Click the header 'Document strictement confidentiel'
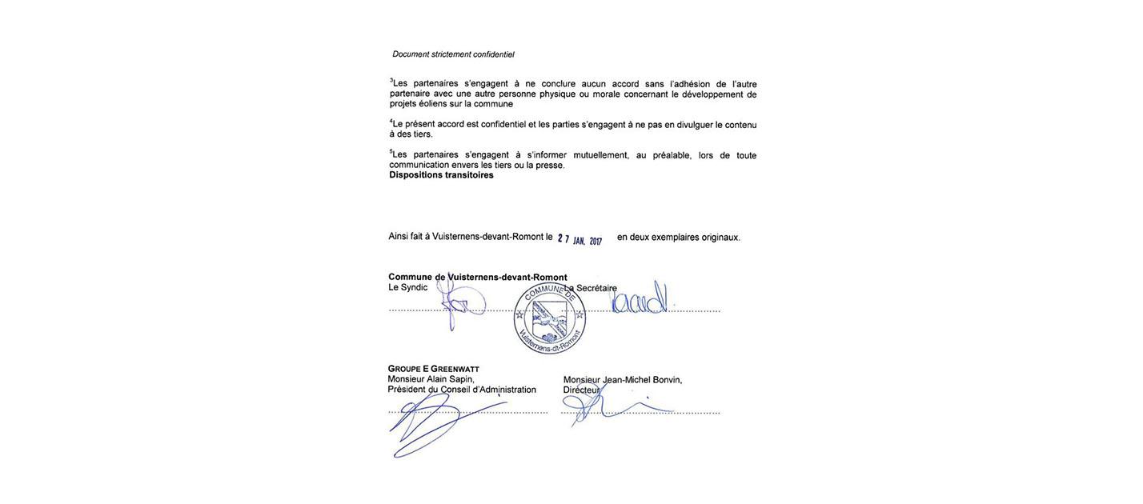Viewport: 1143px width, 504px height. pos(453,54)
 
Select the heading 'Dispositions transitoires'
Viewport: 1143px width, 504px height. pos(441,175)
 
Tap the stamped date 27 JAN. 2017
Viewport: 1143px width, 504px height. pos(580,239)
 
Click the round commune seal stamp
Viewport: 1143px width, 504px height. pos(550,318)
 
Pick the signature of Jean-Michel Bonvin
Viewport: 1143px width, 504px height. pos(608,404)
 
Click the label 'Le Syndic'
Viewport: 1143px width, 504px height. pos(407,288)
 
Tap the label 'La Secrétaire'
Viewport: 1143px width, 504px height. pos(591,288)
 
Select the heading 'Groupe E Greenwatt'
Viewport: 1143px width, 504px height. pos(433,369)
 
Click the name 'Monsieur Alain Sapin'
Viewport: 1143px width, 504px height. pos(431,379)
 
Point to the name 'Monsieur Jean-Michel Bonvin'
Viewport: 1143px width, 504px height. pos(623,380)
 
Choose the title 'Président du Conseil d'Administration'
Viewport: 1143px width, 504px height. pos(462,390)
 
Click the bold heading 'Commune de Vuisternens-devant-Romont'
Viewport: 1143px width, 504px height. pos(477,278)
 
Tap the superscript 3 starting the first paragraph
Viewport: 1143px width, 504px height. pos(391,80)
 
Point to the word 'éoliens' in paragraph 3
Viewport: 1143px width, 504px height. pos(432,104)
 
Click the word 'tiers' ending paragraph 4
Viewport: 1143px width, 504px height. pos(422,134)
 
